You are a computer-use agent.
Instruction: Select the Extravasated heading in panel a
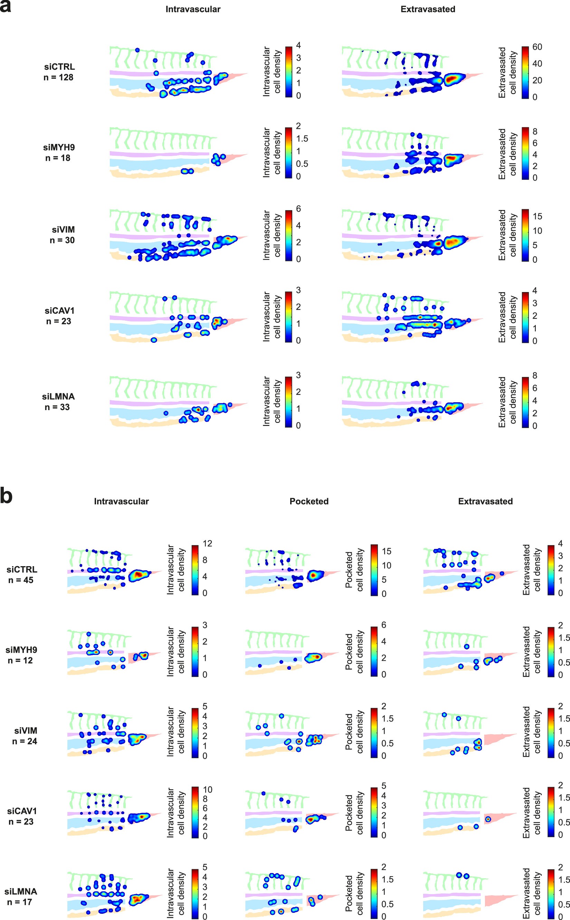coord(428,9)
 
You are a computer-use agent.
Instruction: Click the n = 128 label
coord(58,77)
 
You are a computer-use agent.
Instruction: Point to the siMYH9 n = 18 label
coord(58,153)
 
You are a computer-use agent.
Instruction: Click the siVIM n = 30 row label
coord(63,235)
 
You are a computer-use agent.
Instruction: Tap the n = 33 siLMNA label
coord(58,401)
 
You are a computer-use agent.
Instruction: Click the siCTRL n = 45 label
coord(21,574)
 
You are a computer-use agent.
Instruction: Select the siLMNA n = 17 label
coord(20,897)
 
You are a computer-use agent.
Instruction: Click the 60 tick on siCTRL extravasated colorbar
coord(537,47)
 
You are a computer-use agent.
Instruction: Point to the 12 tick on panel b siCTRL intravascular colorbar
coord(207,543)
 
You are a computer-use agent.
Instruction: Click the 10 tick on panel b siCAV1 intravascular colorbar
coord(207,790)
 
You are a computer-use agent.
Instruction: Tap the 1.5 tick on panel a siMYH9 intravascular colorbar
coord(302,139)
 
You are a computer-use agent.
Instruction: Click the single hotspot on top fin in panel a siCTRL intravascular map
coord(137,50)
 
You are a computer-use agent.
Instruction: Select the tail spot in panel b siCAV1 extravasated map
coord(488,819)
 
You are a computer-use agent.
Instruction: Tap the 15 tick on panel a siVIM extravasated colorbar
coord(537,216)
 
